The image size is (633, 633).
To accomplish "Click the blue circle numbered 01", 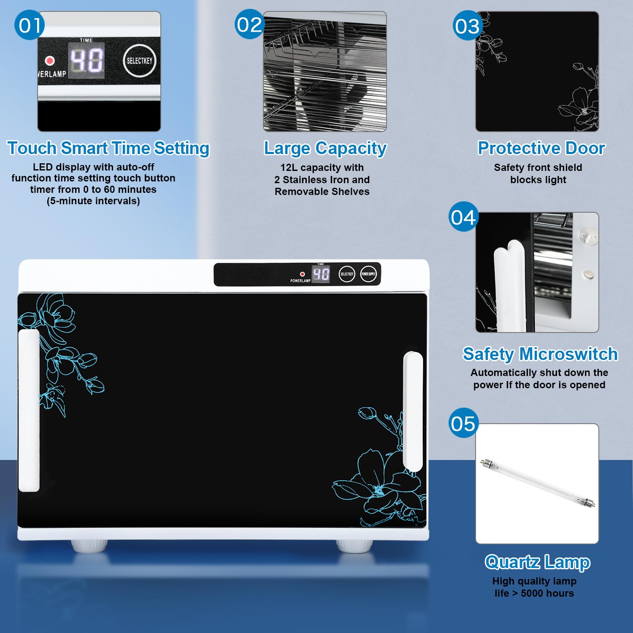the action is pos(29,25).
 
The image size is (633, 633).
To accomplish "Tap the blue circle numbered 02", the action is pos(249,24).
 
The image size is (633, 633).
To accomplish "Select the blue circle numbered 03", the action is pos(468,25).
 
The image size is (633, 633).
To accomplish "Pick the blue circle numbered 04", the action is pos(463,216).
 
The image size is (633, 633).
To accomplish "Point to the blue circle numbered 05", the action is pos(463,423).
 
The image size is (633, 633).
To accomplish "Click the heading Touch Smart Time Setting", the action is pos(108,149).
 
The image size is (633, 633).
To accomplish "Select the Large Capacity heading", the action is pos(325,149).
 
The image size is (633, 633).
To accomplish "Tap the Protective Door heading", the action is pos(541,148).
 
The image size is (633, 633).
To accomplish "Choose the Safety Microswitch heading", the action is pos(540,354).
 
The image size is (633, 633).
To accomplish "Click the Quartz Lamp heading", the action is pos(537,562).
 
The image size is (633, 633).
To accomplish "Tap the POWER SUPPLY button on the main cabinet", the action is pos(368,274).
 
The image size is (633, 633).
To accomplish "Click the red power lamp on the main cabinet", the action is pos(302,274).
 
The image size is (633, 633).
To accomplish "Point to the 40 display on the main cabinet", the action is pos(321,274).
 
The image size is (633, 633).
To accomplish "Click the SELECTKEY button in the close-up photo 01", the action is pos(139,60).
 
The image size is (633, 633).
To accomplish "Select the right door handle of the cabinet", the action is pos(413,411).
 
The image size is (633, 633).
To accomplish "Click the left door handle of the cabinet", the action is pos(29,411).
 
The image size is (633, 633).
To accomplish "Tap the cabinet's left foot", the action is pos(89,546).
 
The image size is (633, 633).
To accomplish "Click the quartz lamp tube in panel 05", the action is pos(538,483).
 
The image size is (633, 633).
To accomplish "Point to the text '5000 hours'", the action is pos(547,593).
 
